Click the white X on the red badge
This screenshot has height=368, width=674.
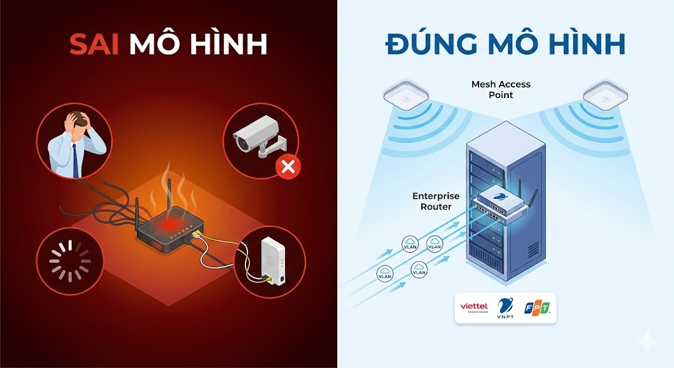[x=288, y=168]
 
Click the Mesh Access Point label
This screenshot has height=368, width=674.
[x=500, y=89]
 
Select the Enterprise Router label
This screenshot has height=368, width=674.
[x=435, y=201]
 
